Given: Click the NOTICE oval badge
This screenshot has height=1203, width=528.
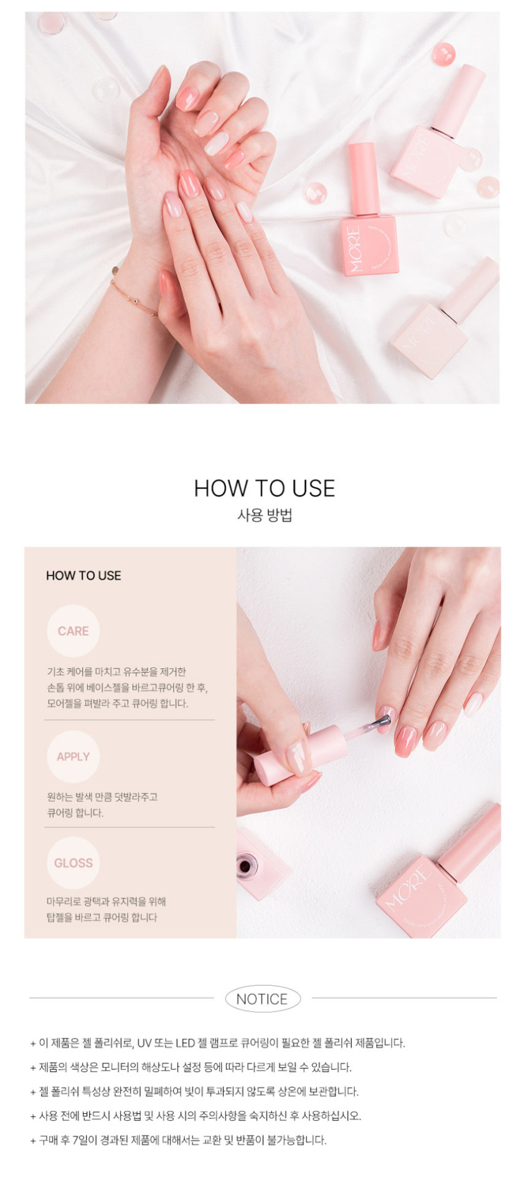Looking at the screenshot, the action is tap(263, 999).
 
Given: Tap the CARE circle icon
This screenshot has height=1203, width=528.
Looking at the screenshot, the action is tap(73, 631).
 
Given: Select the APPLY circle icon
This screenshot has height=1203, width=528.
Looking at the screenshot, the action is tap(73, 756).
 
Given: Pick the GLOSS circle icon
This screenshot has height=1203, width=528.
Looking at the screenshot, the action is tap(73, 863).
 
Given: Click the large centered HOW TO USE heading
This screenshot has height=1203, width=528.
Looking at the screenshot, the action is tap(265, 488).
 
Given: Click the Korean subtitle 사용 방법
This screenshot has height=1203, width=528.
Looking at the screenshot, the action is tap(265, 515).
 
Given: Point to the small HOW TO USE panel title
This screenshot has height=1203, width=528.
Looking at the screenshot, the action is tap(83, 576).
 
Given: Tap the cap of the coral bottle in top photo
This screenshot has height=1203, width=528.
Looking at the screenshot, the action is tap(364, 178).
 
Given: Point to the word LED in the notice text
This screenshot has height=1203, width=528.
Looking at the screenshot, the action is tap(185, 1043).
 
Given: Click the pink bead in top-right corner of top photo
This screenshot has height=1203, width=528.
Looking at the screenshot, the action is tap(444, 54).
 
